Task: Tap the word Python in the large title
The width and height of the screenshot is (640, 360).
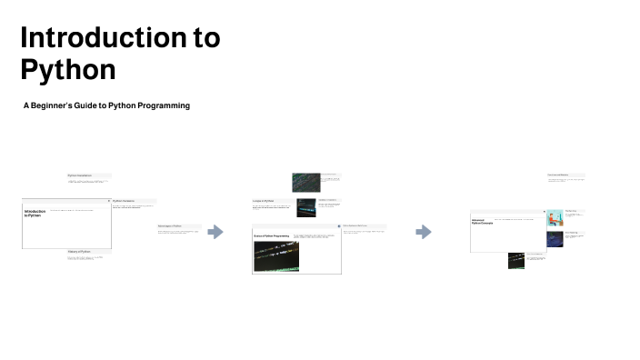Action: [x=68, y=69]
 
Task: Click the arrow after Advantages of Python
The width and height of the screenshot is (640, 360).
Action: [x=215, y=232]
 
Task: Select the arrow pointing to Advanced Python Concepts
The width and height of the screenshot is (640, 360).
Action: [x=423, y=232]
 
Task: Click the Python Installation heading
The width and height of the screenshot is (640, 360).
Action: [x=80, y=175]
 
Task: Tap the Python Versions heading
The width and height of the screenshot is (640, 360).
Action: [x=124, y=201]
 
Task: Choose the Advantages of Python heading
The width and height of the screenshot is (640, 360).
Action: [x=170, y=225]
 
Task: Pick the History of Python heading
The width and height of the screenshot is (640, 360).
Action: [x=79, y=251]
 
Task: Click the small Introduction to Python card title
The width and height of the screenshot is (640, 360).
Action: [x=35, y=214]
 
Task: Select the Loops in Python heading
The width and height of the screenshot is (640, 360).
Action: [x=263, y=200]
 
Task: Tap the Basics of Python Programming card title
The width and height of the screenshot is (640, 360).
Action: [x=271, y=235]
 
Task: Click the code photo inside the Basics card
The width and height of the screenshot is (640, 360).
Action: [x=275, y=257]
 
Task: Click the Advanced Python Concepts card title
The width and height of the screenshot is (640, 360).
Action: [x=482, y=222]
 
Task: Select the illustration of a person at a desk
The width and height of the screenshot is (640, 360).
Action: [x=554, y=218]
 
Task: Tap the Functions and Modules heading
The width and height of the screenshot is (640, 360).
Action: [x=558, y=175]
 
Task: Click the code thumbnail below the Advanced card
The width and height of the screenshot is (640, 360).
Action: [x=515, y=260]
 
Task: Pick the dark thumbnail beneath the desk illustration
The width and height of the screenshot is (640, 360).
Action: [x=554, y=239]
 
